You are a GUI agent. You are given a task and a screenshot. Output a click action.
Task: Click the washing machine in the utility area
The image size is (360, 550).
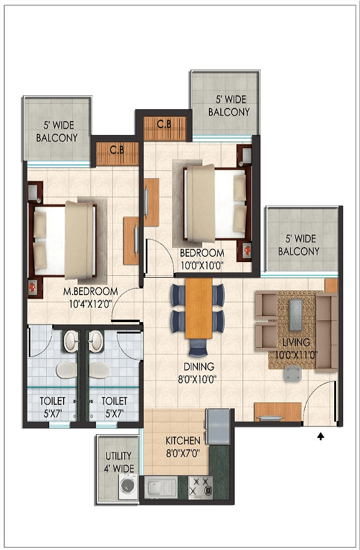(128, 486)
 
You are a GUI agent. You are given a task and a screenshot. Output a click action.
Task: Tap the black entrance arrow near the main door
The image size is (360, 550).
(321, 437)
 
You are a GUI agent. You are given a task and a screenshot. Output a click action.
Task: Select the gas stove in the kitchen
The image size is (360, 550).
(201, 487)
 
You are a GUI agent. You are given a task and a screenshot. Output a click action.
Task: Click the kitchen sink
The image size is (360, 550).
(161, 487)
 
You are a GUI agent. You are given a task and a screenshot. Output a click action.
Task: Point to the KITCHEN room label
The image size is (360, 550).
(183, 441)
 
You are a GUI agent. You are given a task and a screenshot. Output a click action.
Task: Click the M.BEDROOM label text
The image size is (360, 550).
(90, 291)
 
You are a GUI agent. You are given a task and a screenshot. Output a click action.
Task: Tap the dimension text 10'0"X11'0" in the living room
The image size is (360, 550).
(296, 354)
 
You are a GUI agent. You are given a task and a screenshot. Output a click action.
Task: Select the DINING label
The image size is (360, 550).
(199, 366)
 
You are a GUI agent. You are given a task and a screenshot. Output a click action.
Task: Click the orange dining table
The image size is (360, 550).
(199, 308)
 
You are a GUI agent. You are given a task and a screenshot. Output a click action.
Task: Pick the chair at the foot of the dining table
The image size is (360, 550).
(198, 347)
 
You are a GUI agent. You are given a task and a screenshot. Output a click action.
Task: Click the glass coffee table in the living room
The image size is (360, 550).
(296, 315)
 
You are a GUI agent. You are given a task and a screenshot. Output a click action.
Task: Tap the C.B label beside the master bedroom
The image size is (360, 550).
(117, 150)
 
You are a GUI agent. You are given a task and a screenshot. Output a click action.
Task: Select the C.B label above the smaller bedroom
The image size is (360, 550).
(164, 124)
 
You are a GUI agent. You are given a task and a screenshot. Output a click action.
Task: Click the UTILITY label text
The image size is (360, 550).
(119, 456)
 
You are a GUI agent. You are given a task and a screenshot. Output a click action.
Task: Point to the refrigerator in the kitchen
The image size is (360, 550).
(218, 426)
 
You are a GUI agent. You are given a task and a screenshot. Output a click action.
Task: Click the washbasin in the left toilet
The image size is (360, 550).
(71, 341)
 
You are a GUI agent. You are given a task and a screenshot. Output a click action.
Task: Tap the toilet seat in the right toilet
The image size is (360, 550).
(99, 370)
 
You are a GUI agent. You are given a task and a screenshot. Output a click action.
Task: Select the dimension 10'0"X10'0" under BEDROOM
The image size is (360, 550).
(202, 266)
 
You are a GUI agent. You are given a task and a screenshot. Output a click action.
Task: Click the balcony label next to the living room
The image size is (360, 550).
(299, 245)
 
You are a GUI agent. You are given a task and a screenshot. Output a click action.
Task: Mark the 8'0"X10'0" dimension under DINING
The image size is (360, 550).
(197, 379)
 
